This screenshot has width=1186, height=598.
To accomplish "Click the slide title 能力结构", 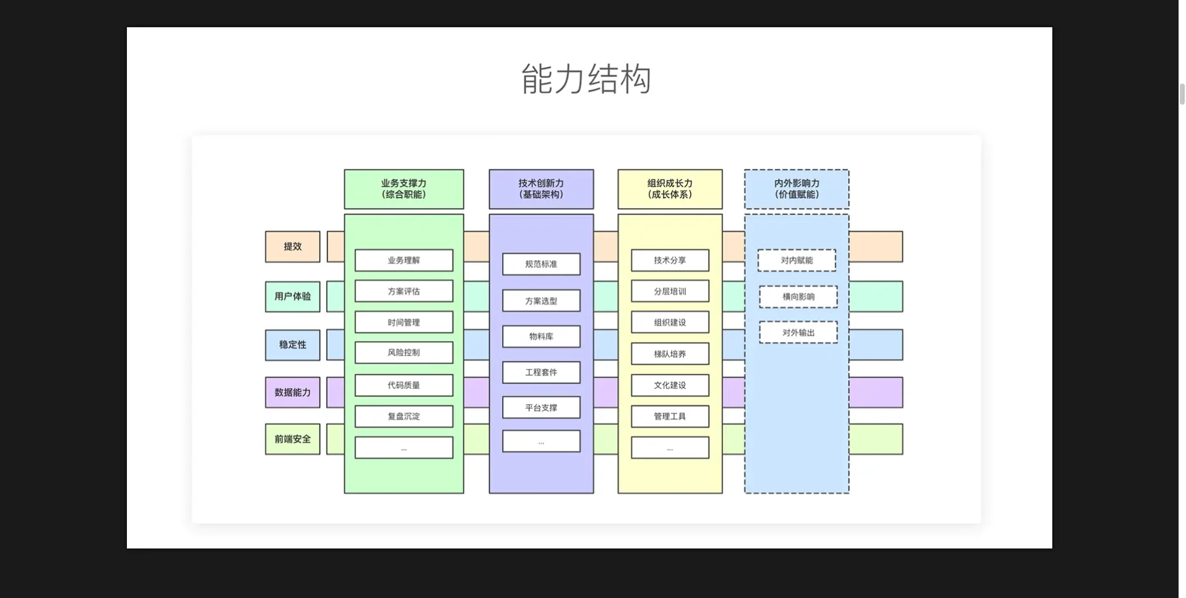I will click(x=586, y=79).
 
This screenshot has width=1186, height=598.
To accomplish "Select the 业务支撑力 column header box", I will click(x=404, y=189).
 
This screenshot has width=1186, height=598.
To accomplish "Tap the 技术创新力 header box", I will click(x=541, y=189).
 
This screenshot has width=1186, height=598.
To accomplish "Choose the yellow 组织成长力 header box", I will click(x=670, y=189).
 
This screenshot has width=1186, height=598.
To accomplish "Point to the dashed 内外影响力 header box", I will click(x=797, y=189).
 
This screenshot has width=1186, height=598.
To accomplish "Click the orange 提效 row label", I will click(x=293, y=246).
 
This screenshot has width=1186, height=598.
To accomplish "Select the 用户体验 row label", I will click(x=293, y=297).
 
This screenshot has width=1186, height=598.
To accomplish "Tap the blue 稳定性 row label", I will click(x=293, y=345).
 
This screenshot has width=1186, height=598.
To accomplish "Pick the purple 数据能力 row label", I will click(x=293, y=392).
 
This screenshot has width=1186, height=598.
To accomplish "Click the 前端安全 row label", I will click(x=293, y=439).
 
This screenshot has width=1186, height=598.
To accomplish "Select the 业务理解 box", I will click(x=404, y=261).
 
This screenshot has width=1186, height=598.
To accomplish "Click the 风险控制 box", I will click(x=404, y=353).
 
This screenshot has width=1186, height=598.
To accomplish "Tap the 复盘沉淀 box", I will click(x=404, y=417).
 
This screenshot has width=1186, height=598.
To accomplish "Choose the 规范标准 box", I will click(x=541, y=264).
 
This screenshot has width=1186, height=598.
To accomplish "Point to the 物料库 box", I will click(x=541, y=337).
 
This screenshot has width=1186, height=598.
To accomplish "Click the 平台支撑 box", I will click(x=541, y=408).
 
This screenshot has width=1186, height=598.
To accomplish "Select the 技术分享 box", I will click(x=670, y=261).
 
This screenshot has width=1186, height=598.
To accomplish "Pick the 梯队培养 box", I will click(x=670, y=354).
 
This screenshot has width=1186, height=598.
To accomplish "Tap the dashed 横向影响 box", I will click(x=798, y=297).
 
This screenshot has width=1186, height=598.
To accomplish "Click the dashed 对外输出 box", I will click(x=798, y=333).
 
